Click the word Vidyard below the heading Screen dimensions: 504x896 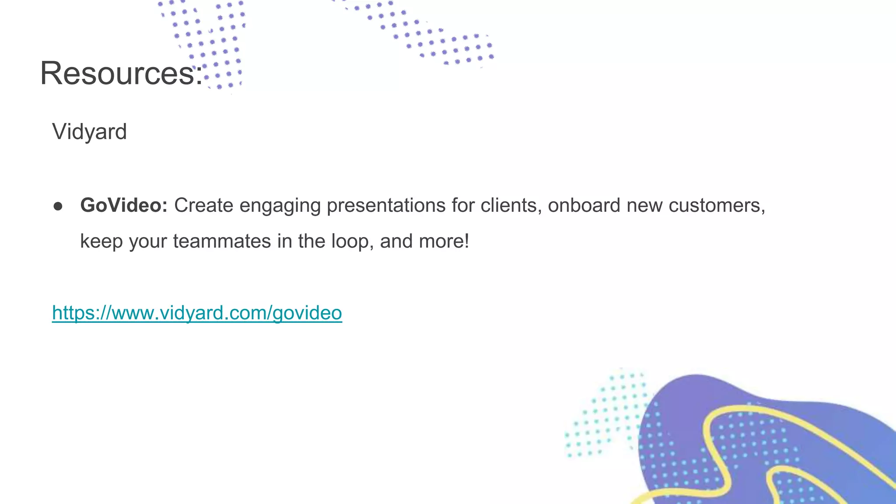click(89, 132)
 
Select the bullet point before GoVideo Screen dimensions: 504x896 click(58, 206)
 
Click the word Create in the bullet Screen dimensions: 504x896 click(203, 205)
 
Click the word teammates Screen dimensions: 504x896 click(222, 241)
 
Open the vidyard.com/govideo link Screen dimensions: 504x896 click(197, 313)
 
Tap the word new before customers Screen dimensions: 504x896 click(644, 206)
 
